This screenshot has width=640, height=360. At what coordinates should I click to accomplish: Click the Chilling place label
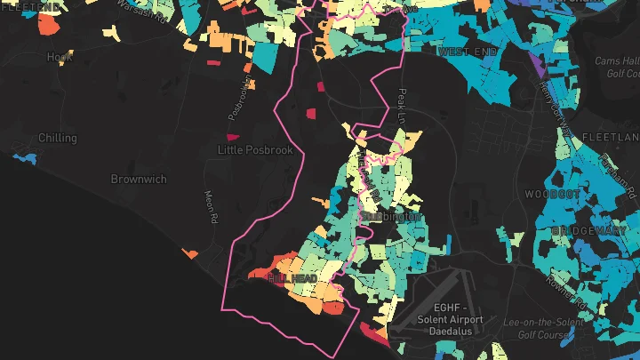(58, 139)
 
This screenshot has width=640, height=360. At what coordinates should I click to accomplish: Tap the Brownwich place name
(139, 179)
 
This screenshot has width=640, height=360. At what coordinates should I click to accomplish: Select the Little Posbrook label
(255, 150)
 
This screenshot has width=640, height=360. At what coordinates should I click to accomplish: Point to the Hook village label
(59, 57)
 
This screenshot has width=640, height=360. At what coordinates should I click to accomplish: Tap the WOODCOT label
(552, 193)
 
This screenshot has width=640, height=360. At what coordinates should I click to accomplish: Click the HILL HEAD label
(292, 279)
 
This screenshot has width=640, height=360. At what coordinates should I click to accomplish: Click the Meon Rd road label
(211, 208)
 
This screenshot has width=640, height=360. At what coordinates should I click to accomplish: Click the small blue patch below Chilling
(27, 158)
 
